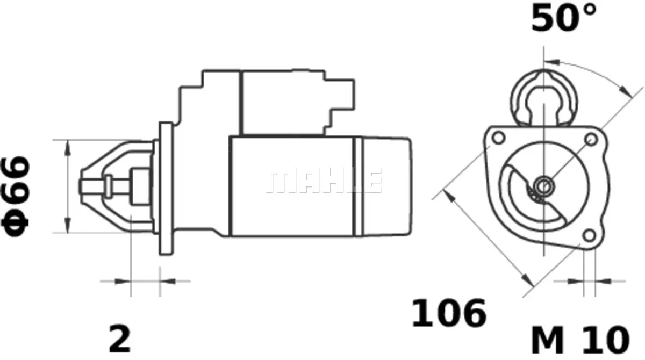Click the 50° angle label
pos(563,18)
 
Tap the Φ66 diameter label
pos(16,197)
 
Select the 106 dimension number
pos(449,313)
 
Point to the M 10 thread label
pos(580,340)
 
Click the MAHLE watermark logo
pos(325,180)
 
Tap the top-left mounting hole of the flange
pos(498,137)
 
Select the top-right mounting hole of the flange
pos(591,140)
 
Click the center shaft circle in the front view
pos(543,186)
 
